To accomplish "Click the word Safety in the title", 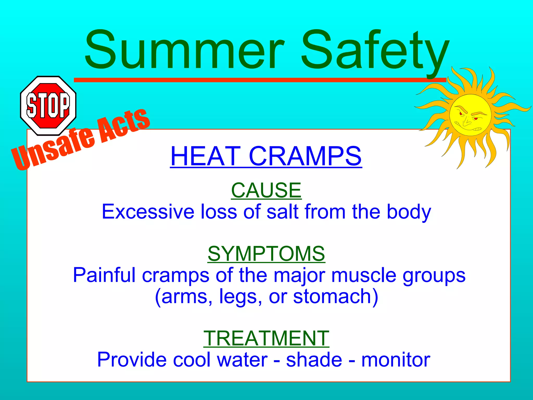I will click(x=375, y=51).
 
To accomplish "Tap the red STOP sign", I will click(x=48, y=105).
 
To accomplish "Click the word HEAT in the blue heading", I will click(x=206, y=156).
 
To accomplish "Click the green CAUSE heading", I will click(x=266, y=190).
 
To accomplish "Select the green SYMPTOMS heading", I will click(x=266, y=254).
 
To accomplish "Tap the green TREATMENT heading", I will click(x=266, y=338).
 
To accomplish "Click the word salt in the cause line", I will click(x=282, y=211).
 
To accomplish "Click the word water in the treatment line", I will click(x=242, y=360).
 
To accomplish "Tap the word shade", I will click(x=314, y=360).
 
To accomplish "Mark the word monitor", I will click(x=396, y=360).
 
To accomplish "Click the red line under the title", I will click(x=260, y=80).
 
